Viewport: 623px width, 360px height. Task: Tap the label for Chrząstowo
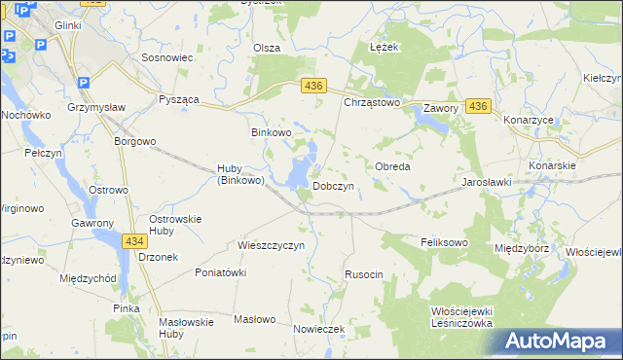click(372, 102)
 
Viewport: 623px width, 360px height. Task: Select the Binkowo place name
click(272, 132)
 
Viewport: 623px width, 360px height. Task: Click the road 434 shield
click(135, 239)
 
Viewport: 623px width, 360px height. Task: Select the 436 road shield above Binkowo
click(312, 87)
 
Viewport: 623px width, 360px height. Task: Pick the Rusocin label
click(364, 275)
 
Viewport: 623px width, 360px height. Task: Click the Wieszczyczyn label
click(272, 245)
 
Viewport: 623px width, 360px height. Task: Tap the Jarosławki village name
click(487, 182)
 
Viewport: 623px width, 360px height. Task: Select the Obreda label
click(392, 166)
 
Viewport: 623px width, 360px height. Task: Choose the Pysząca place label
click(180, 100)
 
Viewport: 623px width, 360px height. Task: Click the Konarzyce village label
click(528, 120)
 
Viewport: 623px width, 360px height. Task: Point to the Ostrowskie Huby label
click(174, 225)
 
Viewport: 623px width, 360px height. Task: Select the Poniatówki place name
click(220, 272)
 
